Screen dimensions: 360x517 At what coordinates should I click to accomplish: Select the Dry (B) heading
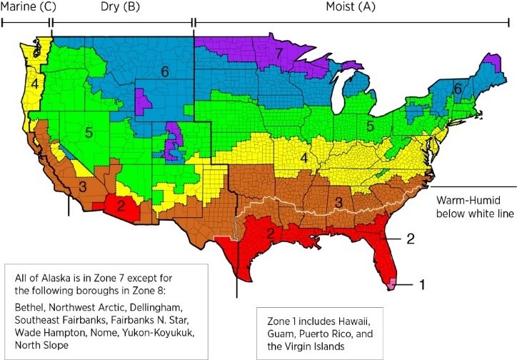click(121, 7)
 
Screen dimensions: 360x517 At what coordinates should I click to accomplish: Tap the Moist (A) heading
click(350, 7)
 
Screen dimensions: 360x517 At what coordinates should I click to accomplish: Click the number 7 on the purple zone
click(279, 54)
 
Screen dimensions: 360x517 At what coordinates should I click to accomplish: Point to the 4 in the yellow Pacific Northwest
click(34, 84)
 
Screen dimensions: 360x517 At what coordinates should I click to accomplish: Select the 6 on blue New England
click(458, 88)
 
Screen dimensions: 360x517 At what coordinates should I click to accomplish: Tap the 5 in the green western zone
click(88, 132)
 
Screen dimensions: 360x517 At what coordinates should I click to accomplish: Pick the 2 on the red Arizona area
click(121, 206)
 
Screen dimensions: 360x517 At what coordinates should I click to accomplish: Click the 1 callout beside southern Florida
click(422, 285)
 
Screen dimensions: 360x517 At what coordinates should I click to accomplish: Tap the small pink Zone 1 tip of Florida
click(392, 284)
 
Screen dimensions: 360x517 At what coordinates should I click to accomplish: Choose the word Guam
click(278, 328)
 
